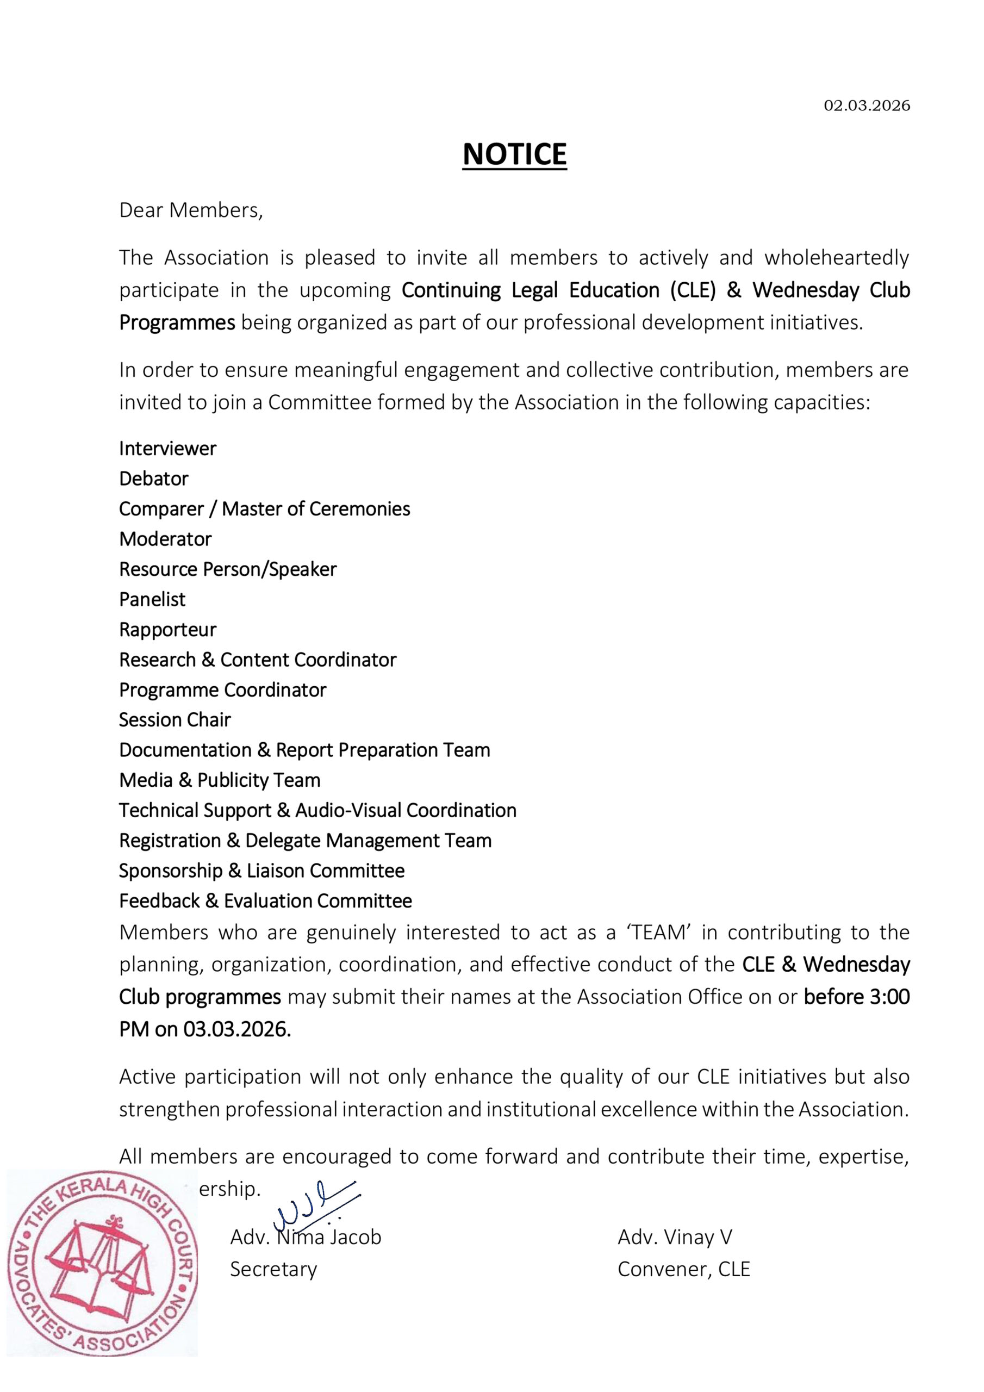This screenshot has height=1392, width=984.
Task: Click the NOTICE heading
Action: pyautogui.click(x=514, y=154)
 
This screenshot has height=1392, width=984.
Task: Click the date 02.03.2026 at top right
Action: pyautogui.click(x=867, y=105)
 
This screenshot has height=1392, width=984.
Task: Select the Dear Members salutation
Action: pyautogui.click(x=191, y=210)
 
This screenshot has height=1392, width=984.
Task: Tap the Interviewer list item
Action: pyautogui.click(x=167, y=449)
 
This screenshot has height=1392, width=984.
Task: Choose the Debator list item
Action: pyautogui.click(x=153, y=479)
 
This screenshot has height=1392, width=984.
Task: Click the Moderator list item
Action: pyautogui.click(x=165, y=539)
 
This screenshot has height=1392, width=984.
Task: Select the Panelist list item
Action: pyautogui.click(x=152, y=599)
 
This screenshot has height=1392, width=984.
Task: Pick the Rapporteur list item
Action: pyautogui.click(x=167, y=629)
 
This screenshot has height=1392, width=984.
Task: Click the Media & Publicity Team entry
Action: pyautogui.click(x=220, y=780)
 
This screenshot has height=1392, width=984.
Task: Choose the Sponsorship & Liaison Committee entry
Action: pyautogui.click(x=261, y=871)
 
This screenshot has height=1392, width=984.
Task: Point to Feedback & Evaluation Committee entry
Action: pyautogui.click(x=265, y=901)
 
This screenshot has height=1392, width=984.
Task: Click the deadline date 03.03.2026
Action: pyautogui.click(x=236, y=1029)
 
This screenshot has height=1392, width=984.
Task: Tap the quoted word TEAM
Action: pyautogui.click(x=658, y=933)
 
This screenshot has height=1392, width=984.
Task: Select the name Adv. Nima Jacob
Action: pyautogui.click(x=306, y=1237)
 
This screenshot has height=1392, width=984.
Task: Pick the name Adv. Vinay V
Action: pyautogui.click(x=674, y=1237)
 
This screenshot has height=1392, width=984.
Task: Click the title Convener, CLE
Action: pyautogui.click(x=683, y=1269)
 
